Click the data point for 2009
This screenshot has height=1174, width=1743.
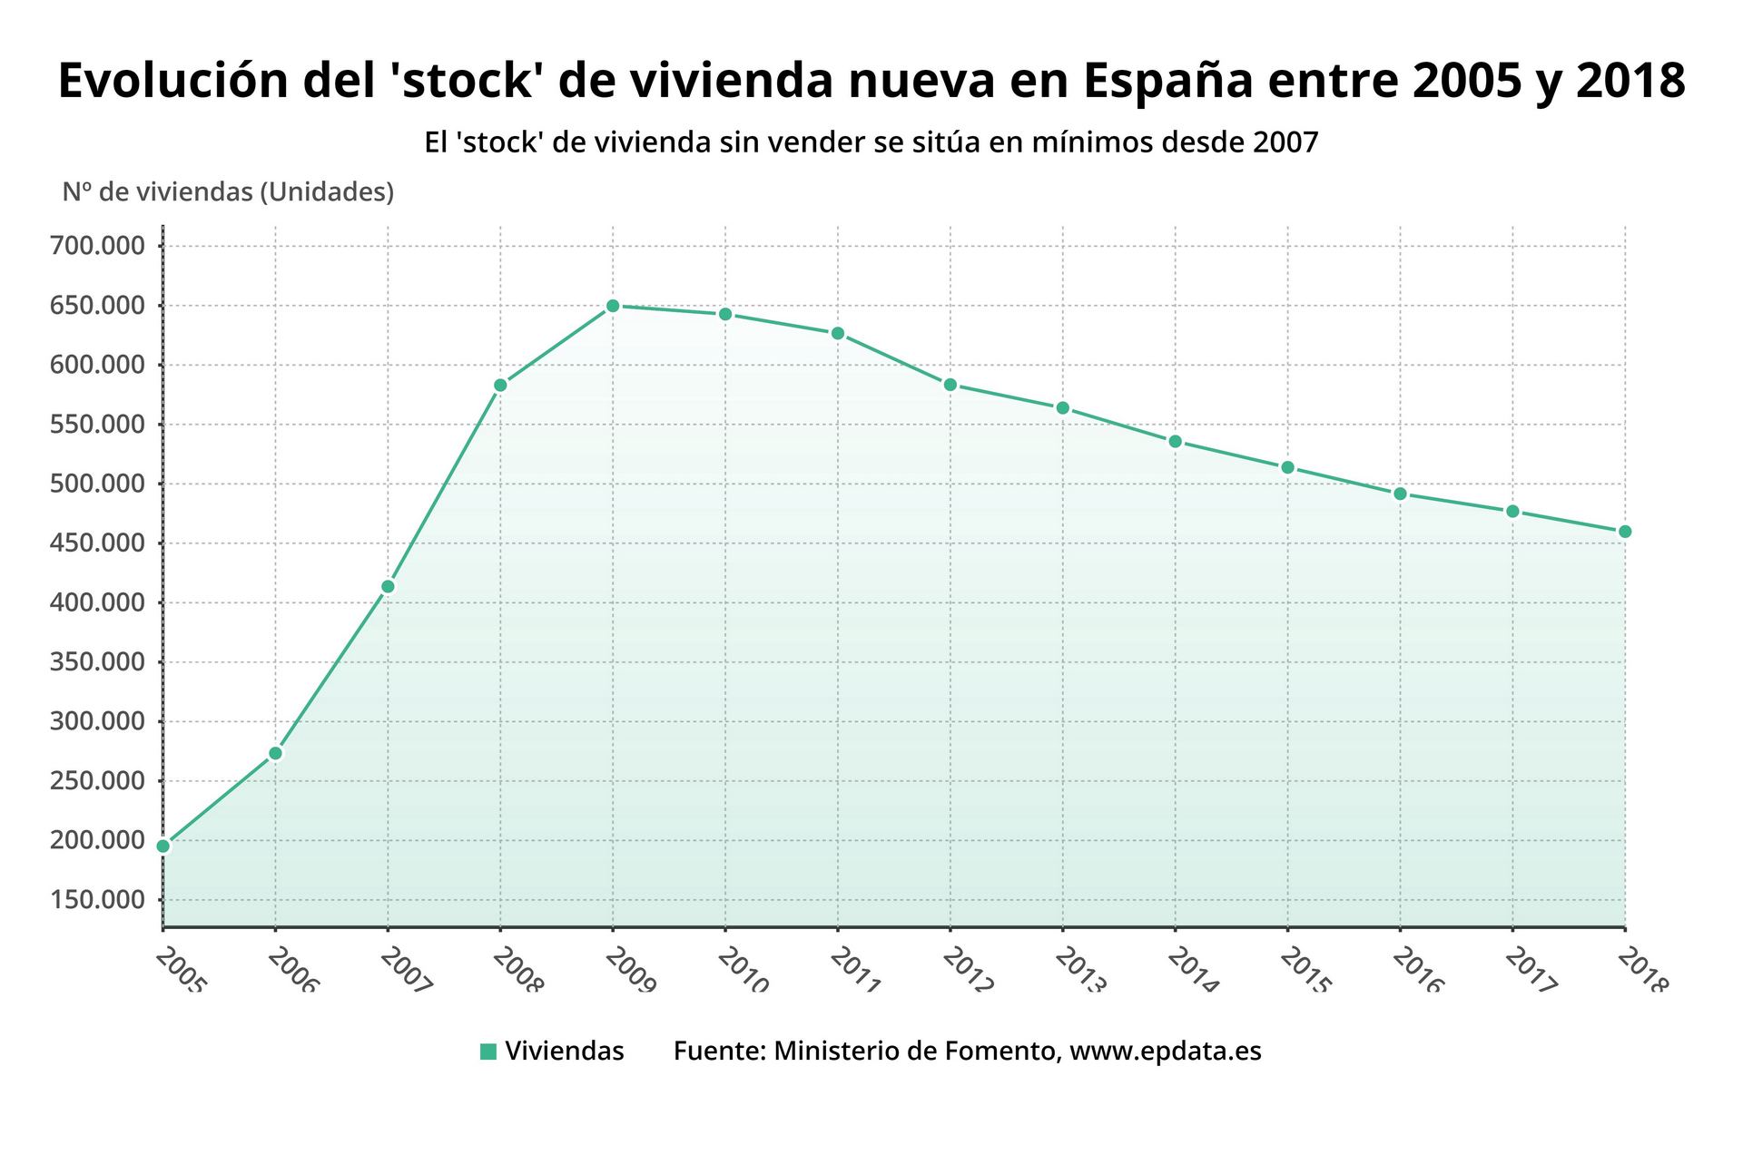click(613, 306)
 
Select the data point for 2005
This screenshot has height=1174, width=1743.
click(163, 846)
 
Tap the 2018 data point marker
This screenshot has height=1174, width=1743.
click(1625, 532)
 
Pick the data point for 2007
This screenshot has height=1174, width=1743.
click(388, 586)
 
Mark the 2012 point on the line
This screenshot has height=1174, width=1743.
click(950, 385)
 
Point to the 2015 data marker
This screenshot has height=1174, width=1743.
click(1287, 467)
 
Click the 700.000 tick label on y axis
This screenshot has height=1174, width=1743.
click(103, 246)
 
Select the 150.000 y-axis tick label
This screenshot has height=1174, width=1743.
click(103, 900)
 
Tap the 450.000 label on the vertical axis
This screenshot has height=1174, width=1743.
click(103, 543)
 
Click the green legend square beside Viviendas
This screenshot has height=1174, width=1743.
click(488, 1052)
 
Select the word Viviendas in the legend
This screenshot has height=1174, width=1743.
click(565, 1052)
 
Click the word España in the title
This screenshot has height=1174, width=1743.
click(1167, 82)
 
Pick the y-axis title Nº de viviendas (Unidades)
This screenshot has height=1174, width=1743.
click(228, 192)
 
